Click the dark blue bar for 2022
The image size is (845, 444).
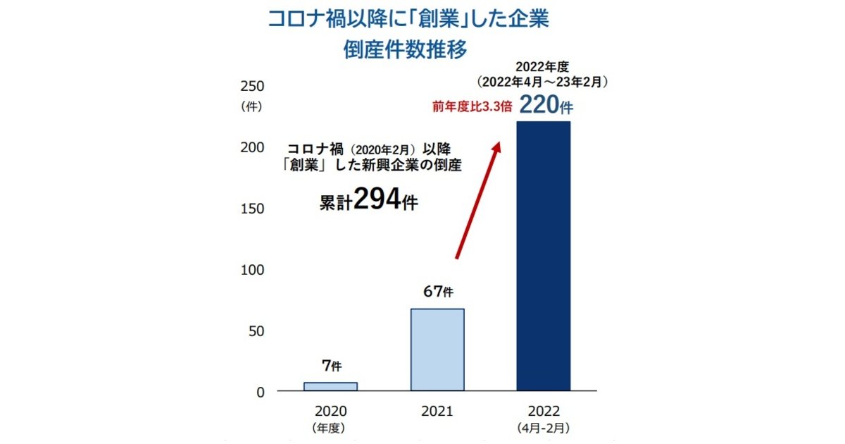543,256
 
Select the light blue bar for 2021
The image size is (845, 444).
437,350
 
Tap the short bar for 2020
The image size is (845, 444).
330,386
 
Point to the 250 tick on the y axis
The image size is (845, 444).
252,86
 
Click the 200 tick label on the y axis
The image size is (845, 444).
252,147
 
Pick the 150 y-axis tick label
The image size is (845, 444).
252,209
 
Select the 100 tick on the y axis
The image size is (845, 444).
252,270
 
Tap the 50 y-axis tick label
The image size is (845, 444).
255,331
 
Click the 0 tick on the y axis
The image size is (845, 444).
260,392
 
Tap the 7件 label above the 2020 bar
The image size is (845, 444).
331,366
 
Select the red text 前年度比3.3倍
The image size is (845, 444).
472,108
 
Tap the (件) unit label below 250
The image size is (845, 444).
251,107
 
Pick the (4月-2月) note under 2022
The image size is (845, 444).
543,427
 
